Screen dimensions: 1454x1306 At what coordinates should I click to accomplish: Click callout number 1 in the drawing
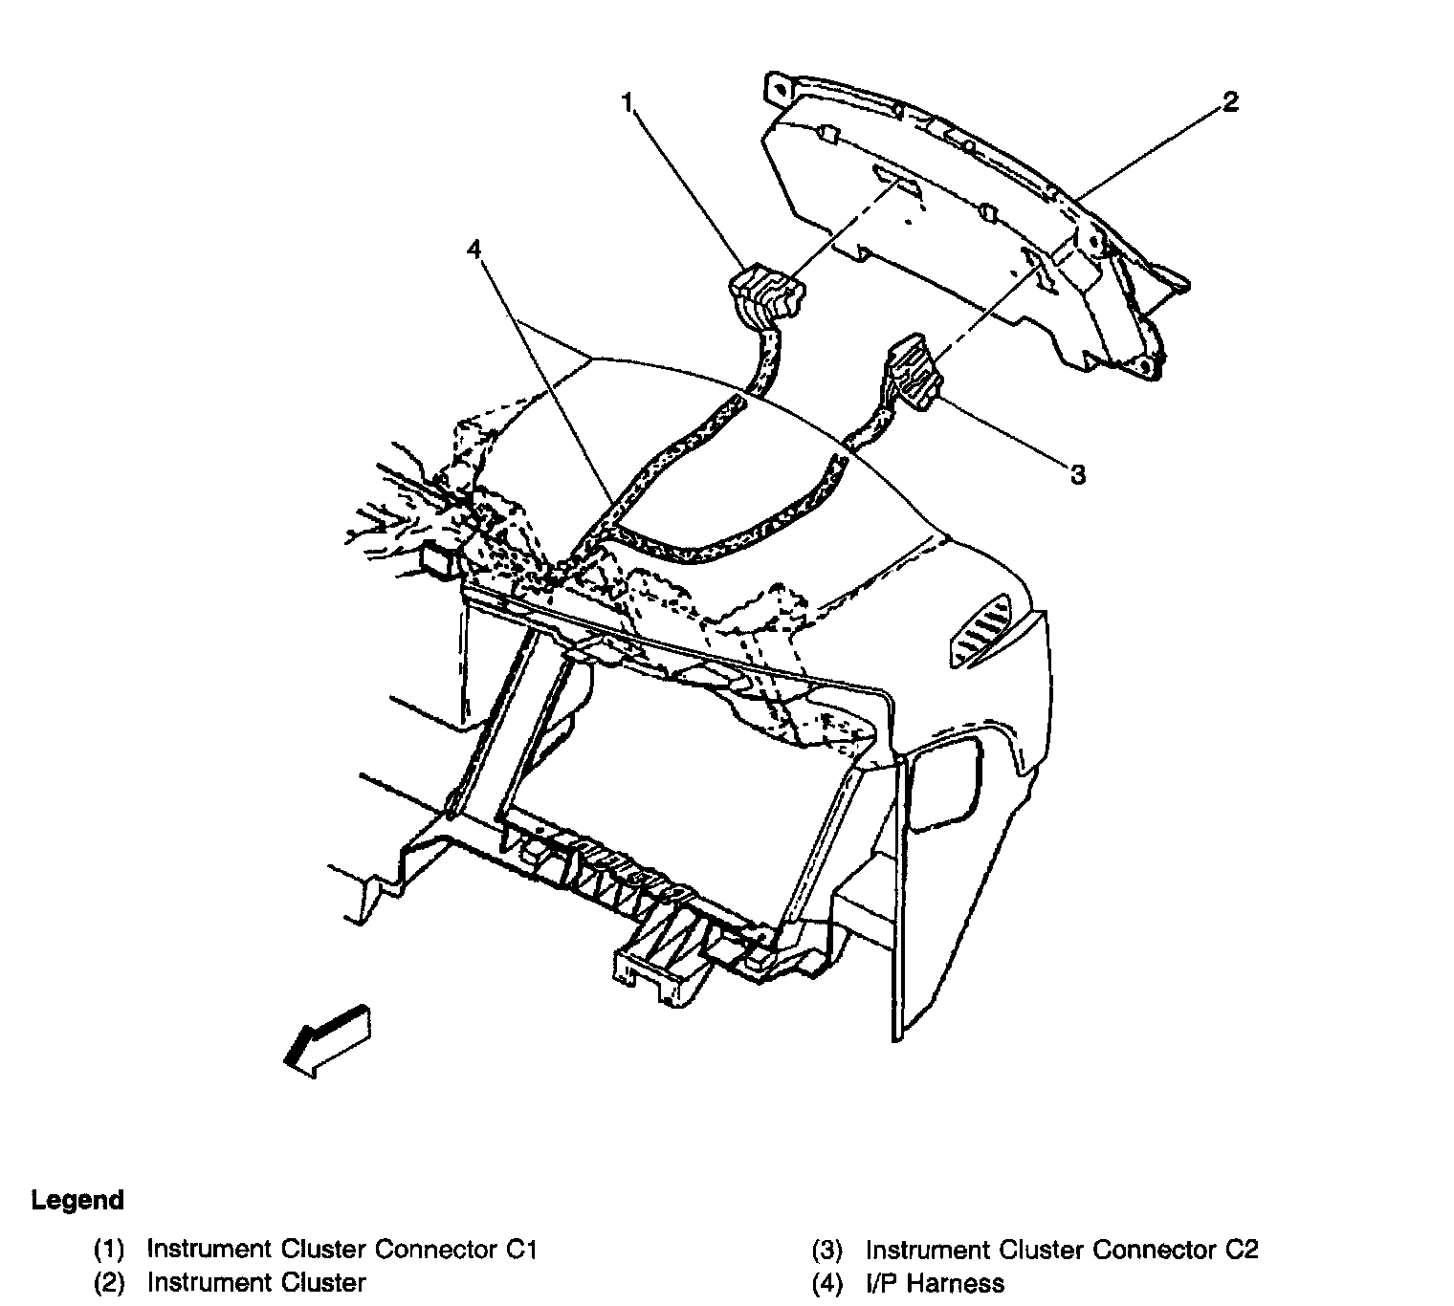coord(628,102)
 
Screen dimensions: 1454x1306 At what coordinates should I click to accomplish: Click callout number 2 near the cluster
coord(1230,101)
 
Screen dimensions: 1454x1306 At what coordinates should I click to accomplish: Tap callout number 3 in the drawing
coord(1077,474)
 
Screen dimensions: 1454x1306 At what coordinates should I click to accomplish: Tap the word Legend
coord(77,1200)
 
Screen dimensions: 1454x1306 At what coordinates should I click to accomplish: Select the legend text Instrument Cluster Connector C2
coord(1062,1249)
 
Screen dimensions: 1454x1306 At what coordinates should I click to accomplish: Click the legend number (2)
coord(109,1282)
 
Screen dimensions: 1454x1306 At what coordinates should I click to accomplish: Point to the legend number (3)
coord(827,1249)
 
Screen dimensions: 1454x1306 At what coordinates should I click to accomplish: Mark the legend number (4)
coord(827,1282)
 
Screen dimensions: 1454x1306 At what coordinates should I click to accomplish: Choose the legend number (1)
coord(109,1249)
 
